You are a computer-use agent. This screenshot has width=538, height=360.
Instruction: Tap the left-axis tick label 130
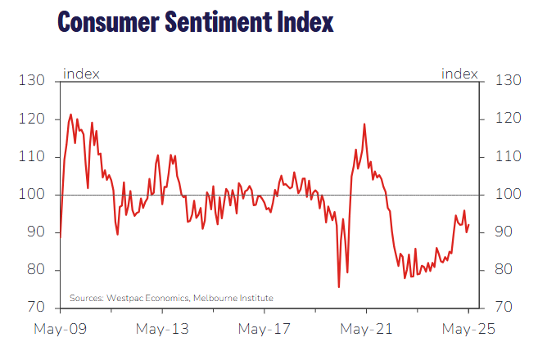(32, 81)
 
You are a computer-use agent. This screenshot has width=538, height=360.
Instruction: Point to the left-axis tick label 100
(32, 195)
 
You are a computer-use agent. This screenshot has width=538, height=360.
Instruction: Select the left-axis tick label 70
(35, 308)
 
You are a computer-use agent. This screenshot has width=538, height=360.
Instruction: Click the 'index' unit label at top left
(81, 74)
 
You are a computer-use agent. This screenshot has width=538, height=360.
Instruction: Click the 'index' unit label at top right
(459, 74)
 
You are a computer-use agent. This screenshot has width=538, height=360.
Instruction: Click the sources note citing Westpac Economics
(171, 298)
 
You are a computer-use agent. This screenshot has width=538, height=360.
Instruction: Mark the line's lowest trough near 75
(339, 287)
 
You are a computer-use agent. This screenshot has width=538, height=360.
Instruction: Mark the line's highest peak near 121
(70, 115)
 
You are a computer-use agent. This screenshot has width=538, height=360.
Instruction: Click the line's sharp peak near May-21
(364, 124)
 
